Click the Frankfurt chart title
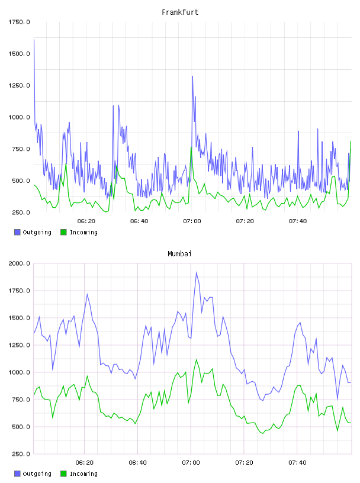tap(180, 12)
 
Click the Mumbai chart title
tap(179, 254)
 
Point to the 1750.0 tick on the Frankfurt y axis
tap(19, 22)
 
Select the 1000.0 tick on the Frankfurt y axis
tap(19, 117)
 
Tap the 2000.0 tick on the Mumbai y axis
tap(19, 263)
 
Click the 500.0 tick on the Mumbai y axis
tap(21, 427)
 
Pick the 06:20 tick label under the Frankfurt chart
tap(86, 221)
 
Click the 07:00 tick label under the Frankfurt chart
tap(192, 221)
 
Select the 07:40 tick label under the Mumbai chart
tap(297, 463)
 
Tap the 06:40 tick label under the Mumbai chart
tap(138, 463)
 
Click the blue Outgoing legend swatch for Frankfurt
tap(17, 232)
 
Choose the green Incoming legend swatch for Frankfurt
tap(63, 232)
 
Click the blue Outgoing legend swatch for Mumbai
tap(17, 474)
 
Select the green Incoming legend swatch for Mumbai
tap(63, 474)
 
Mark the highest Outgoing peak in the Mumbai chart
tap(197, 272)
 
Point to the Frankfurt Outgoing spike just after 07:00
tap(192, 76)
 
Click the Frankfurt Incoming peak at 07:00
tap(191, 147)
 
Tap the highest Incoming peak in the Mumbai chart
tap(197, 359)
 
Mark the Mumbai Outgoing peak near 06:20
tap(87, 294)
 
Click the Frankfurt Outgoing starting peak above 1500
tap(34, 40)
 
